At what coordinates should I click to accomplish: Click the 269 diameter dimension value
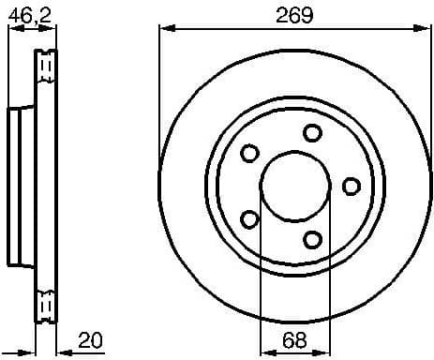click(293, 15)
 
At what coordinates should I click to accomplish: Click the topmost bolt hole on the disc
click(312, 132)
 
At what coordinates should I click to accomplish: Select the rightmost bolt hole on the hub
click(351, 185)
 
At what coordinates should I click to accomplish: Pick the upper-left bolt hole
click(249, 153)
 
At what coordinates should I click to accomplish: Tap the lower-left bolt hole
click(249, 218)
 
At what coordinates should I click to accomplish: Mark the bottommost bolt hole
click(312, 238)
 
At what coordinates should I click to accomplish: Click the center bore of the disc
click(294, 185)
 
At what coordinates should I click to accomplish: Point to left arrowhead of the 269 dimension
click(165, 30)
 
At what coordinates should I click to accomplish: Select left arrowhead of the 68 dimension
click(265, 351)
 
